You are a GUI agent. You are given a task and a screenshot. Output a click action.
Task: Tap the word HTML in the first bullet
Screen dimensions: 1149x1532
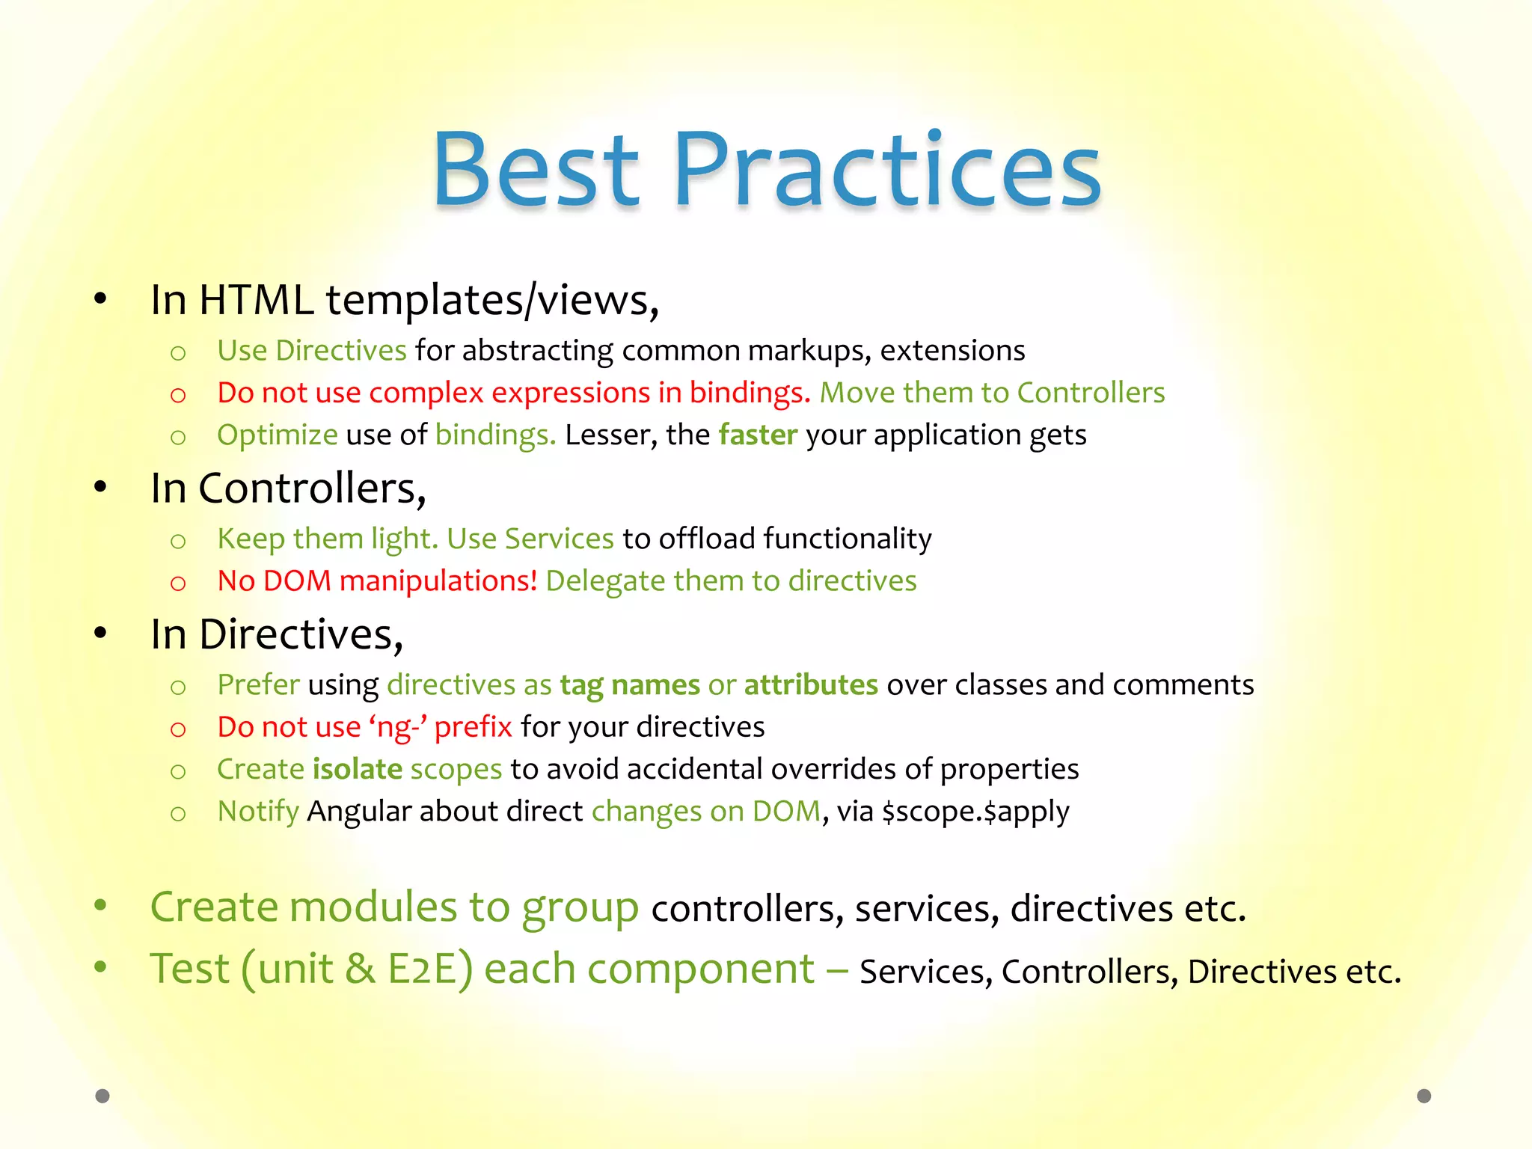[256, 300]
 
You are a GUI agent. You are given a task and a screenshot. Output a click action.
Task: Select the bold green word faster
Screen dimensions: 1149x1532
[758, 435]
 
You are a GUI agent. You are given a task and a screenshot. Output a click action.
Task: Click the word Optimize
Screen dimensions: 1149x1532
[277, 435]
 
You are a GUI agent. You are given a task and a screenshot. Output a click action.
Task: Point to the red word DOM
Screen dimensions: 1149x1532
[297, 580]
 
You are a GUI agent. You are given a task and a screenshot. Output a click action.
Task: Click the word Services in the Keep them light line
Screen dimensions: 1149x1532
[559, 539]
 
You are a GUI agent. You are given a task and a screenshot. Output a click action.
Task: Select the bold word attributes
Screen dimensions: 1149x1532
[811, 685]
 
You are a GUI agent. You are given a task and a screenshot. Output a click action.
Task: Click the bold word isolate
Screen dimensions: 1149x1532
[357, 769]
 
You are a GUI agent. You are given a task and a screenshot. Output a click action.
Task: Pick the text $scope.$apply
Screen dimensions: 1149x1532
[975, 812]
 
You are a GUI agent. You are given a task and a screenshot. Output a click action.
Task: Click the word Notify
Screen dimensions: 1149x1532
[258, 812]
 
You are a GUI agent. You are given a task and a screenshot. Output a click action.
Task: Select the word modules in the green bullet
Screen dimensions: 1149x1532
[373, 907]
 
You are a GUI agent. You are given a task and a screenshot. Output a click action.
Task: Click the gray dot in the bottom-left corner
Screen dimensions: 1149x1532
[102, 1096]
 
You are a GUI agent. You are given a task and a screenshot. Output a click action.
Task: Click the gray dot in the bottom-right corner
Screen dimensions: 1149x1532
[1424, 1096]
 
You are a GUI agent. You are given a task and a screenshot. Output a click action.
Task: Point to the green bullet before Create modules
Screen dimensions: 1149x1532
[101, 906]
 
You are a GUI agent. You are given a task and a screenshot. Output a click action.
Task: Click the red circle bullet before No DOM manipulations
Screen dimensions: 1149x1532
[178, 583]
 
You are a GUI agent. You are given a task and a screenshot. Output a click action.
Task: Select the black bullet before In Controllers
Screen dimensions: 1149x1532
[101, 488]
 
